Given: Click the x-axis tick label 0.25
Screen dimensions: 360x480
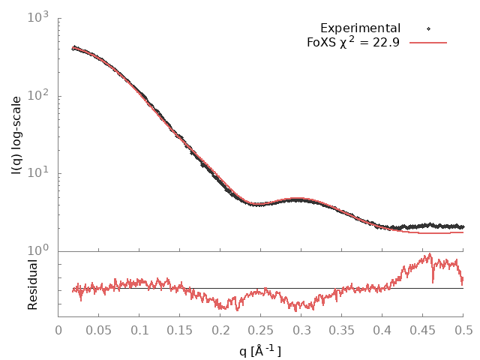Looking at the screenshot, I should point(260,329).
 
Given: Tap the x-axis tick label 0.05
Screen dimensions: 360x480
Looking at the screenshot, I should point(99,329).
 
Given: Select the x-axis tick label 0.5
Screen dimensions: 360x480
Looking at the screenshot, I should point(463,329).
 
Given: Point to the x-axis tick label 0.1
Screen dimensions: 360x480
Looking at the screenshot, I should point(139,329).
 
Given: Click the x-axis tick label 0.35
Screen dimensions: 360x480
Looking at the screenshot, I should point(341,329).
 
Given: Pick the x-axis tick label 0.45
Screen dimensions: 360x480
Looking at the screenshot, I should point(422,329).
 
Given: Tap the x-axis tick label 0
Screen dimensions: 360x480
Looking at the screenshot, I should point(58,329).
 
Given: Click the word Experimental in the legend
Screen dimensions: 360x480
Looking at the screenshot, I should point(360,28).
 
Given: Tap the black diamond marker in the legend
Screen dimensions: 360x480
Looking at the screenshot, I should point(428,28).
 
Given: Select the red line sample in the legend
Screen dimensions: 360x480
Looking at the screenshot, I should point(428,42).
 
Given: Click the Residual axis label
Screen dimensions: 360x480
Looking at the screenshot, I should point(32,284).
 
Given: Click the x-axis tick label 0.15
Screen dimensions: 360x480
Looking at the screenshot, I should point(180,329).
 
